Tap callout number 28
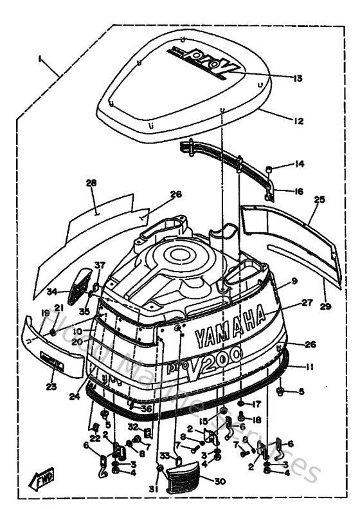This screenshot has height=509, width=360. (91, 183)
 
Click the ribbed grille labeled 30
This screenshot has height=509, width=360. (183, 479)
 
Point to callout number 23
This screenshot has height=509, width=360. (51, 386)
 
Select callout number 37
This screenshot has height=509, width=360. (99, 265)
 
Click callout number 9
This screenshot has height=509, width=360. (294, 281)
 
